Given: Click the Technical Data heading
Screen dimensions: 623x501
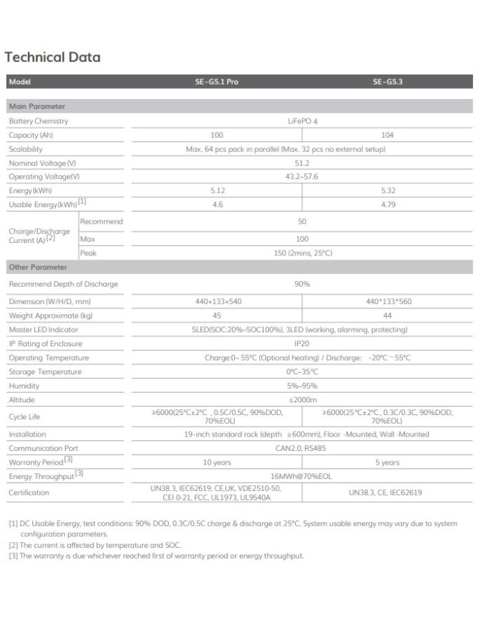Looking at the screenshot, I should [52, 57].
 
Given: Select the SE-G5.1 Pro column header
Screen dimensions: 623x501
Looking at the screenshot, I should [217, 82].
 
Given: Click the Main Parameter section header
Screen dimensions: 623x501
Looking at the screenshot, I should [37, 107].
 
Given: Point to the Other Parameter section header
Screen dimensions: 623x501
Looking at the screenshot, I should [38, 267].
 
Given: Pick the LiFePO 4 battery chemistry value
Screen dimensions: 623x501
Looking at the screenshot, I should [302, 121].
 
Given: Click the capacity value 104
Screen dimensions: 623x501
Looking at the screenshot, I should [387, 135].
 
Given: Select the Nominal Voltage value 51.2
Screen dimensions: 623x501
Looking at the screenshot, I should [302, 163].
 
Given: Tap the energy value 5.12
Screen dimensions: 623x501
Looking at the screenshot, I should [218, 191].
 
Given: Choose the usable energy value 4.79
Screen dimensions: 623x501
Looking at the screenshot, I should [387, 205].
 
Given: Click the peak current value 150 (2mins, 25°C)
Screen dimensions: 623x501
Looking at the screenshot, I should [302, 253].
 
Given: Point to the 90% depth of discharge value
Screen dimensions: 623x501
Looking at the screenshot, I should [302, 284].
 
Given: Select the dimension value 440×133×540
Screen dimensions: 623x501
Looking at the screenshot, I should [218, 302].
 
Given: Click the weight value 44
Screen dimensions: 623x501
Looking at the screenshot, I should [387, 315].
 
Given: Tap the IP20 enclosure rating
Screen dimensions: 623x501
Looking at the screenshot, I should [302, 344].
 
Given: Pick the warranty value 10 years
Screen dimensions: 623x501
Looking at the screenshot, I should [218, 462].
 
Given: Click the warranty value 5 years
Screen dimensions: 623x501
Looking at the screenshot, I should [387, 462].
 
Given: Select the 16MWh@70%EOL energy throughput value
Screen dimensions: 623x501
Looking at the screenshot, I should [302, 476].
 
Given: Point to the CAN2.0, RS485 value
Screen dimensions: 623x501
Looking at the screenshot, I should [302, 448].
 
